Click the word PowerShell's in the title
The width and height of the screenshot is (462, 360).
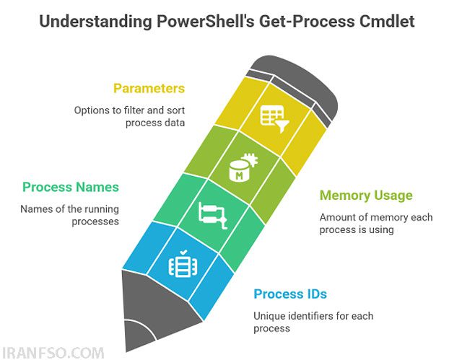pyautogui.click(x=205, y=21)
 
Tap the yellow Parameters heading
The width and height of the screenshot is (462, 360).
pyautogui.click(x=149, y=88)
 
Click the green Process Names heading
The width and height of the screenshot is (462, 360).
pyautogui.click(x=71, y=187)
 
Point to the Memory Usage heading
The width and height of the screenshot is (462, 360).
pyautogui.click(x=366, y=196)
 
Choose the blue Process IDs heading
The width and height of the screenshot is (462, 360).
pyautogui.click(x=290, y=294)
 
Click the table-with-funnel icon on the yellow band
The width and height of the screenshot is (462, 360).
pyautogui.click(x=274, y=118)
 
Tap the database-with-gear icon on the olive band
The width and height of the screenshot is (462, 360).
pyautogui.click(x=243, y=167)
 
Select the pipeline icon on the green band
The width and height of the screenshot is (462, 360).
pyautogui.click(x=213, y=216)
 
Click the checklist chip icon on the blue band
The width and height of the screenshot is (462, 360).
pyautogui.click(x=183, y=264)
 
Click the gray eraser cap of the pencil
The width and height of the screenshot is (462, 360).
pyautogui.click(x=295, y=85)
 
